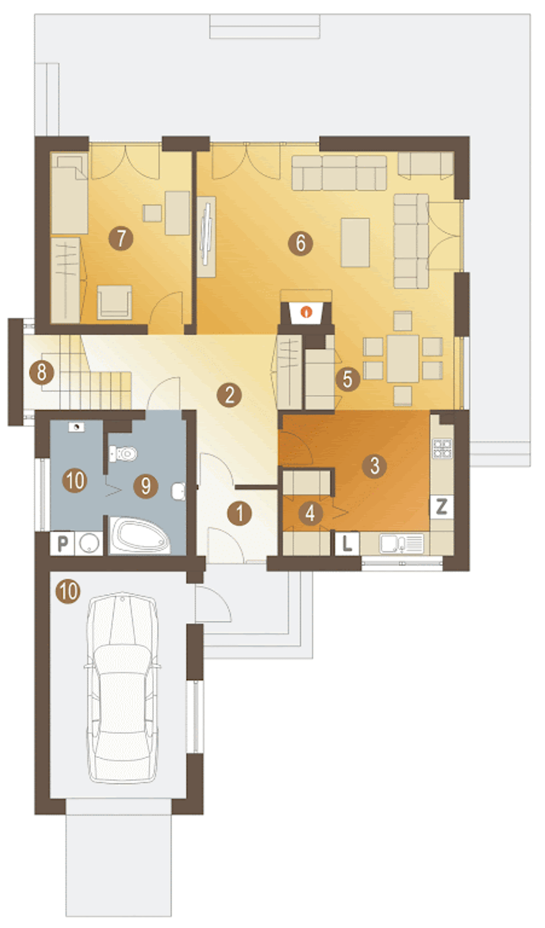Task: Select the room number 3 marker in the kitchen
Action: click(x=374, y=465)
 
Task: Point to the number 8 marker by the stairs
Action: click(x=42, y=372)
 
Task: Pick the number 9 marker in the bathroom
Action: click(x=146, y=486)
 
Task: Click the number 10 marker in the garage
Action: click(x=68, y=591)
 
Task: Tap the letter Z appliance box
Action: click(x=442, y=507)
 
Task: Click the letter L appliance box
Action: click(x=347, y=543)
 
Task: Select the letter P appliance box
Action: click(x=63, y=543)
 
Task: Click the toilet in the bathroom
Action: click(x=123, y=454)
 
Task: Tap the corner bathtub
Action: click(x=140, y=536)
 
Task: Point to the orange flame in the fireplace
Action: click(x=306, y=312)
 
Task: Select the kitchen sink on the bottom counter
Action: click(x=402, y=544)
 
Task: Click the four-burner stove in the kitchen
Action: click(x=442, y=448)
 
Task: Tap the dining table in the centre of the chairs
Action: click(x=403, y=358)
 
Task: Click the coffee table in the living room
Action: click(x=355, y=243)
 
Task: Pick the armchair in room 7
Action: click(x=115, y=302)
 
